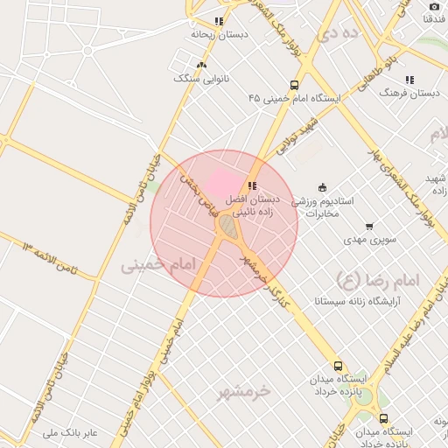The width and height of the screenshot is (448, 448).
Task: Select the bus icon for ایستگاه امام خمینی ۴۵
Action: click(x=293, y=86)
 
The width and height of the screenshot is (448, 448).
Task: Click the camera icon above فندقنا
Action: click(x=434, y=6)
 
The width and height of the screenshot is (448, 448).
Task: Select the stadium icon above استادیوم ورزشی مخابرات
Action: click(x=322, y=186)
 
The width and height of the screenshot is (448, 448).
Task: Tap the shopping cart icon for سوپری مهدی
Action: click(x=369, y=227)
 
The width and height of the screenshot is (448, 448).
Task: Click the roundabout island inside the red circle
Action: click(x=227, y=227)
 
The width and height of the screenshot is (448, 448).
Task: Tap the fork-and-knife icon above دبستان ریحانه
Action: click(x=219, y=21)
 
